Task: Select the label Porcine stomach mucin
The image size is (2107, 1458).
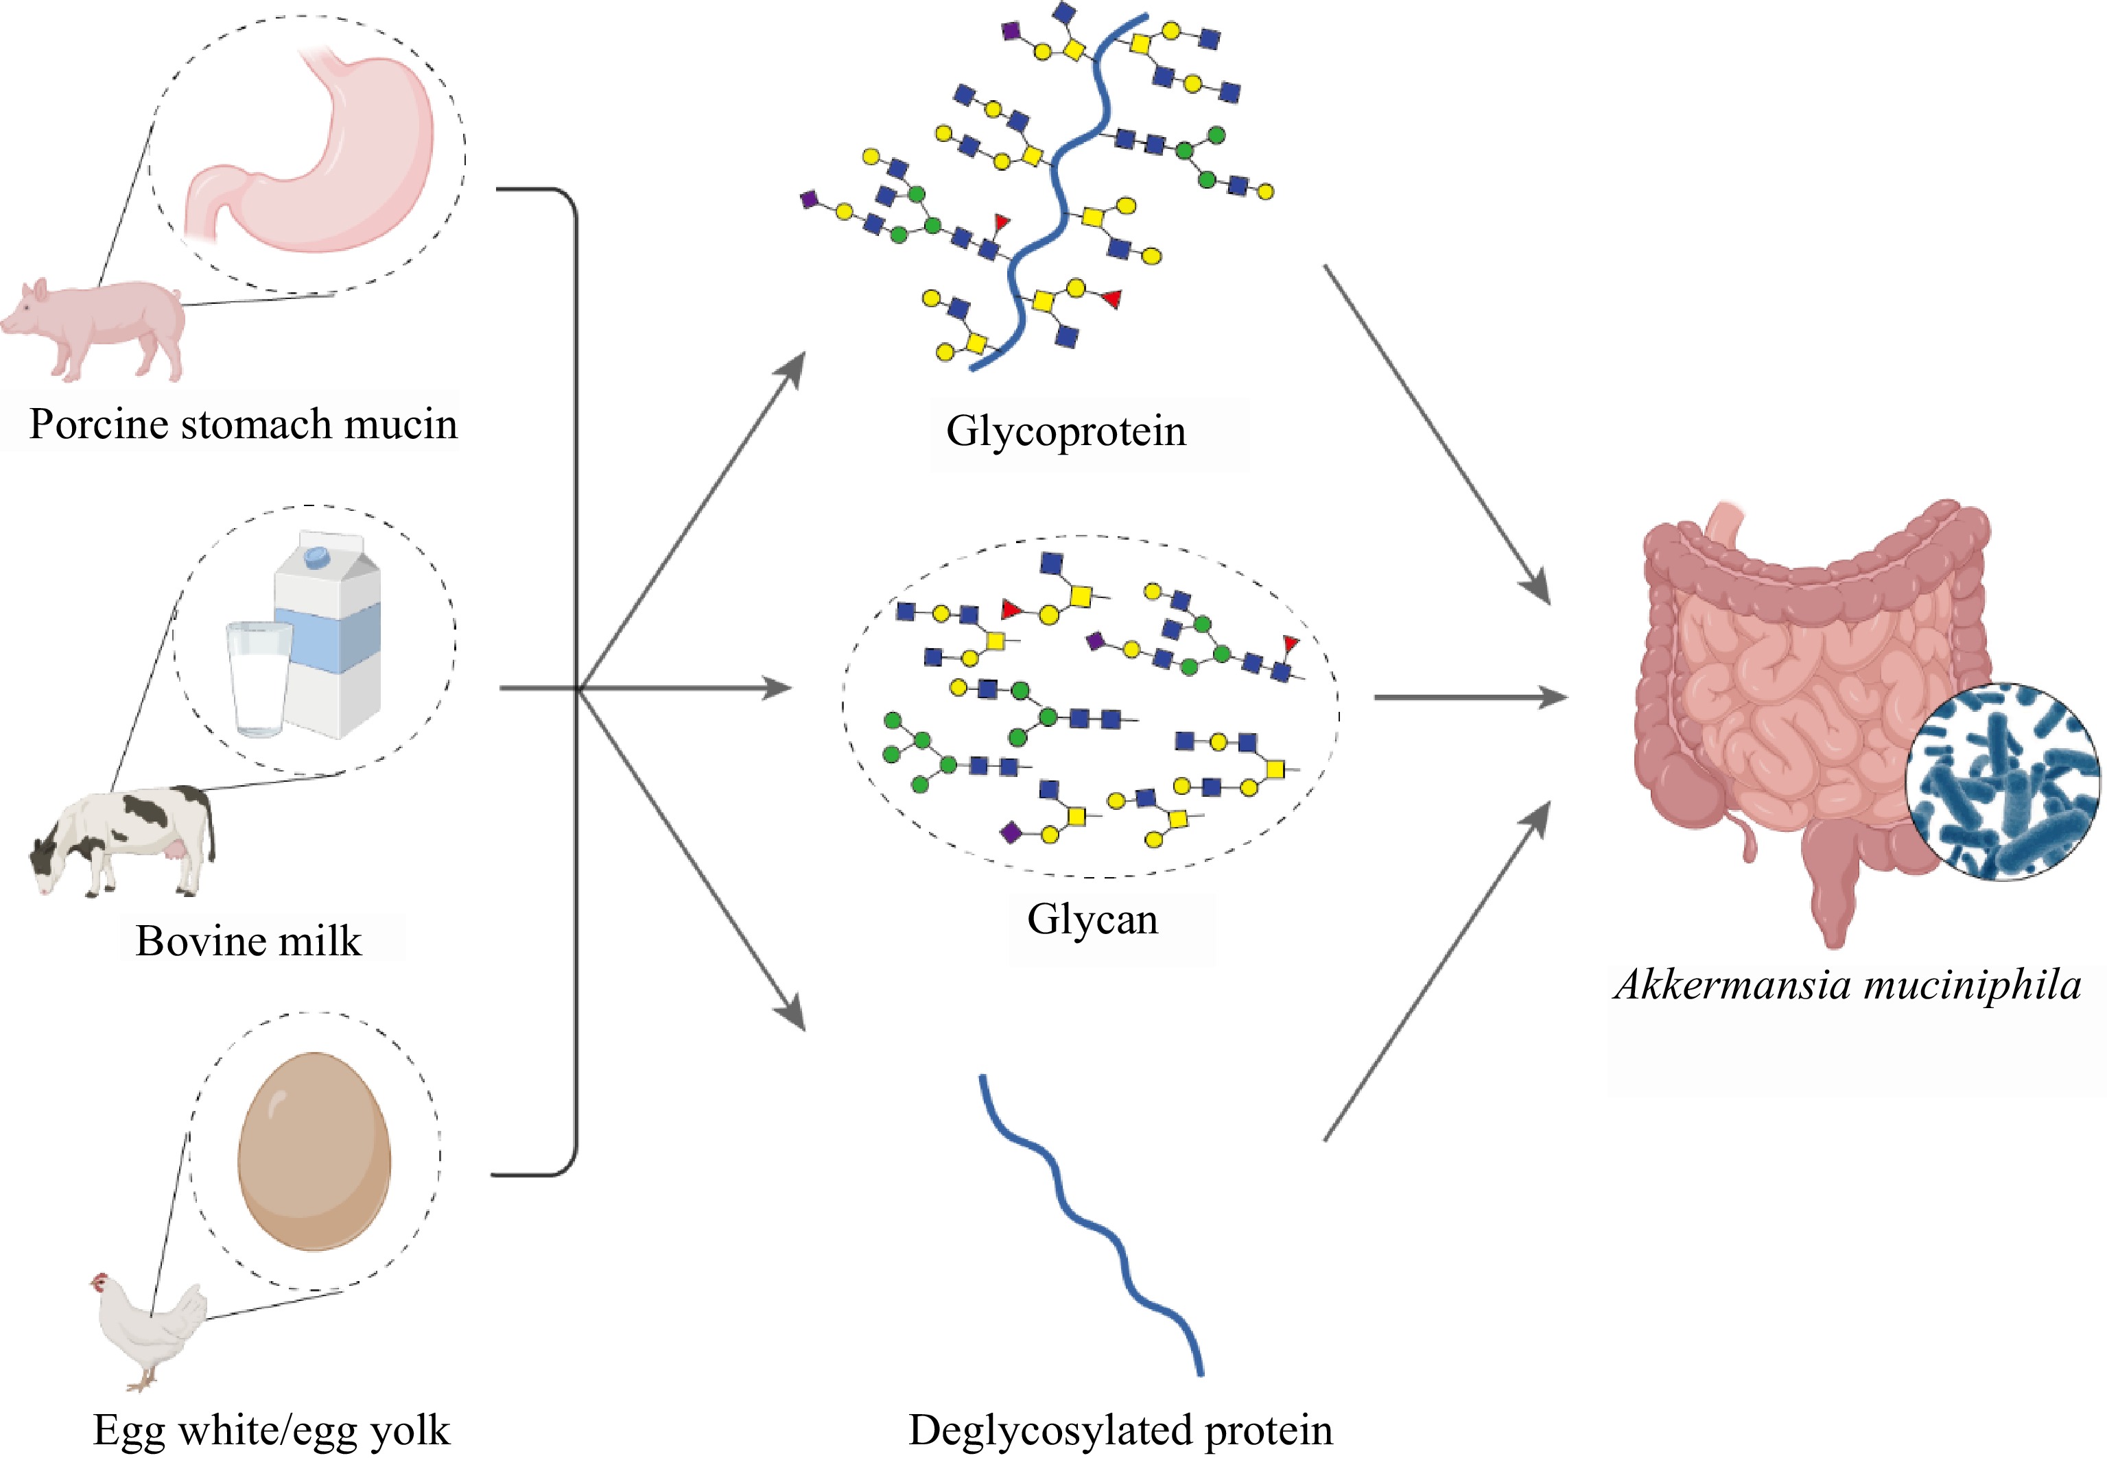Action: click(x=243, y=425)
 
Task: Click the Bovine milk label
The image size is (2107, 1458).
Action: click(x=248, y=941)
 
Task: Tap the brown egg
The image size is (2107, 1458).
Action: click(x=314, y=1151)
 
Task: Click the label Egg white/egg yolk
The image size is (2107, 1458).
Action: click(x=272, y=1431)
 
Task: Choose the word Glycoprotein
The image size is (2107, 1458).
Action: click(x=1066, y=431)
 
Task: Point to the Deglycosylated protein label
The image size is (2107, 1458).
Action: click(x=1120, y=1431)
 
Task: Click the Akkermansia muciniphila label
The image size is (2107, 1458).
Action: click(x=1848, y=985)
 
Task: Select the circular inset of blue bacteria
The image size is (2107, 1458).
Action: click(x=2001, y=782)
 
